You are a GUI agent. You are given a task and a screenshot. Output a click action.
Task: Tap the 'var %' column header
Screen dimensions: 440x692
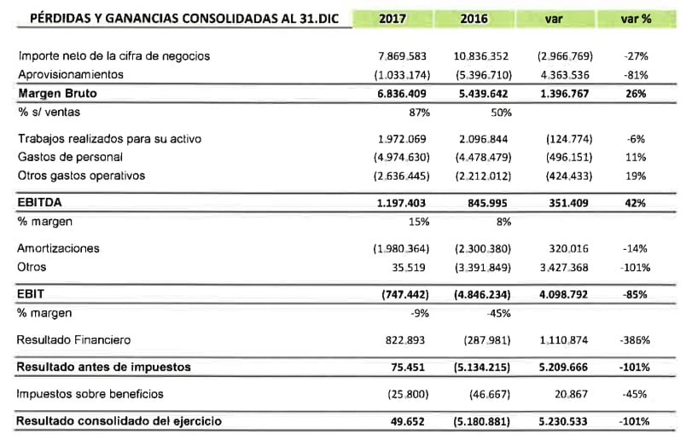tap(635, 17)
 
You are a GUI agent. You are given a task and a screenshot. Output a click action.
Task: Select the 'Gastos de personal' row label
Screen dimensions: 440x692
tap(71, 157)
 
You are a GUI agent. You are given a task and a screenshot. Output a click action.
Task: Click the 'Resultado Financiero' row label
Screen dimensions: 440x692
tap(74, 340)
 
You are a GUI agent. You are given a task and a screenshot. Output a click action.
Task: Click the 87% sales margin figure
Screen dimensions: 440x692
tap(418, 112)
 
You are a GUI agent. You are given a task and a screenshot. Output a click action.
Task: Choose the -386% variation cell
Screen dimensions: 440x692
tap(633, 340)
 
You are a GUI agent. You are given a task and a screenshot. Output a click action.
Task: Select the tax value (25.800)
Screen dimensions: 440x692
tap(404, 394)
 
